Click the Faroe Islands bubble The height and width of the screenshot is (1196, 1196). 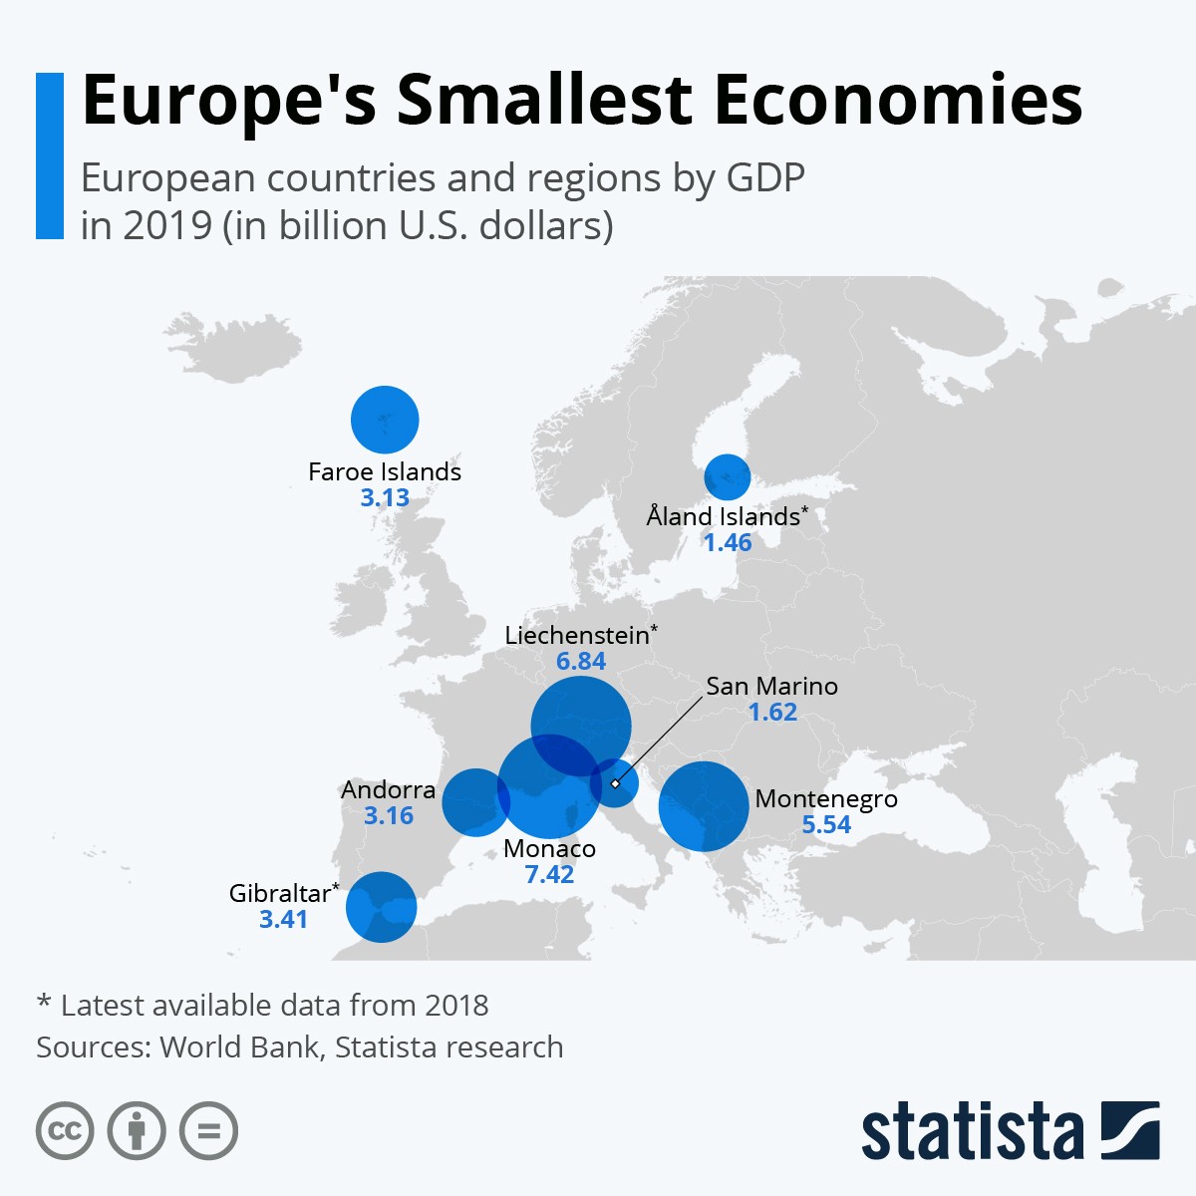pyautogui.click(x=385, y=420)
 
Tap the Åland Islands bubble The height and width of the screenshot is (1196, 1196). pyautogui.click(x=728, y=476)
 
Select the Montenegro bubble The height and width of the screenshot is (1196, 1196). pyautogui.click(x=704, y=806)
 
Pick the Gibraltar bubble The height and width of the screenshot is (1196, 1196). pyautogui.click(x=381, y=907)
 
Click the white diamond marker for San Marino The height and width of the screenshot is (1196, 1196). pyautogui.click(x=615, y=783)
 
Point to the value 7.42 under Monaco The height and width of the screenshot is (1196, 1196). pyautogui.click(x=549, y=875)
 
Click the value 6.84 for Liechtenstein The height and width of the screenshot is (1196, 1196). pyautogui.click(x=581, y=662)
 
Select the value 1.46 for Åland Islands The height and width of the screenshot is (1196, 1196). pyautogui.click(x=728, y=543)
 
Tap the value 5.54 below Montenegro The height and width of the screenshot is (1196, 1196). pyautogui.click(x=826, y=825)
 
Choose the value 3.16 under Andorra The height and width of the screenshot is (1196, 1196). pyautogui.click(x=388, y=816)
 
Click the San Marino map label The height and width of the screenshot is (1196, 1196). pyautogui.click(x=771, y=686)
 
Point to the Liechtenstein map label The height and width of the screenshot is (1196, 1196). pyautogui.click(x=577, y=636)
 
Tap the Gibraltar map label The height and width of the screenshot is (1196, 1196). pyautogui.click(x=280, y=893)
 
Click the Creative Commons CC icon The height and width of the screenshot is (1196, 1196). pyautogui.click(x=65, y=1131)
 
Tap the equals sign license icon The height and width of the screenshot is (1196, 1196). pyautogui.click(x=209, y=1131)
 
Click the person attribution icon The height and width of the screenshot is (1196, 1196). pyautogui.click(x=137, y=1131)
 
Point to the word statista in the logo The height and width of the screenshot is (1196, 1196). pyautogui.click(x=972, y=1132)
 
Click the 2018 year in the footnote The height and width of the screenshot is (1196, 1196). pyautogui.click(x=456, y=1005)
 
